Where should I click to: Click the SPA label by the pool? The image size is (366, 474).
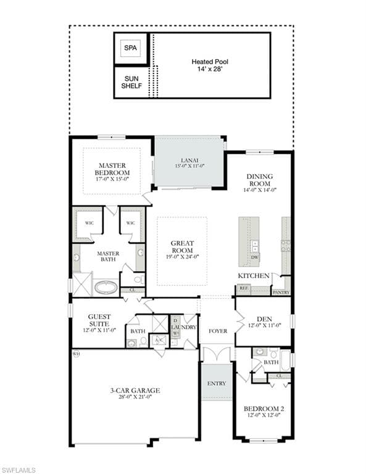point(130,48)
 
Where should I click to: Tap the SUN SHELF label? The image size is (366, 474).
point(131,82)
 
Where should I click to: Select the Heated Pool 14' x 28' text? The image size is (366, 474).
point(210,66)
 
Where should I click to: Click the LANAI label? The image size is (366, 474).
point(189,162)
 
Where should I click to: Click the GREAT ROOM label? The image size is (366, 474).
point(181,250)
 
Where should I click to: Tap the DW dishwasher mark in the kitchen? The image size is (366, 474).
point(255,257)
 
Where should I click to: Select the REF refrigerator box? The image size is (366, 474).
point(244,288)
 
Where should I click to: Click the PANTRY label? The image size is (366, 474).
point(281,292)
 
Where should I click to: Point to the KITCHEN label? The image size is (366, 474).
point(254,275)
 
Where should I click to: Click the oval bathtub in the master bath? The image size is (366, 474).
point(106,288)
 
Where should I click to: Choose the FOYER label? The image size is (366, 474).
point(217,331)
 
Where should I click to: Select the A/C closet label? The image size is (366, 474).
point(159,340)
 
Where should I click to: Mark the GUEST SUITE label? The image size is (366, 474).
point(99,320)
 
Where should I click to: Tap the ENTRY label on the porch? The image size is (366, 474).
point(217,383)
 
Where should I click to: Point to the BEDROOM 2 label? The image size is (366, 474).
point(264,412)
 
